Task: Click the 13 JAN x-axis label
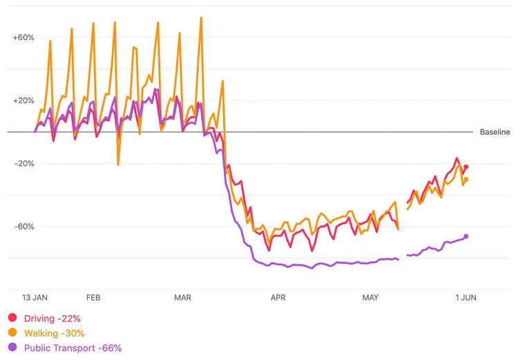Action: pos(35,298)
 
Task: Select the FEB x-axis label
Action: pos(93,298)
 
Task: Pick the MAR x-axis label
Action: pos(182,298)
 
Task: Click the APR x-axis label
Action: pos(278,298)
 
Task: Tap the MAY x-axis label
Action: pos(370,298)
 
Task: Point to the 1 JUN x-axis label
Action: pos(464,298)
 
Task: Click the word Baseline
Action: pos(495,132)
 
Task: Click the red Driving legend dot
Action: pos(12,319)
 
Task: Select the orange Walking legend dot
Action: pos(12,334)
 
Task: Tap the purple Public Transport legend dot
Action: pos(12,348)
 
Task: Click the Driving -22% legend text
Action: pos(53,319)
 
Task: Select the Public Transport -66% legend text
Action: pos(73,348)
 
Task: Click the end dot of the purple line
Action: pos(466,236)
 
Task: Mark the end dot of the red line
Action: pos(466,167)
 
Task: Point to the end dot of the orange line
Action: pos(466,180)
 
